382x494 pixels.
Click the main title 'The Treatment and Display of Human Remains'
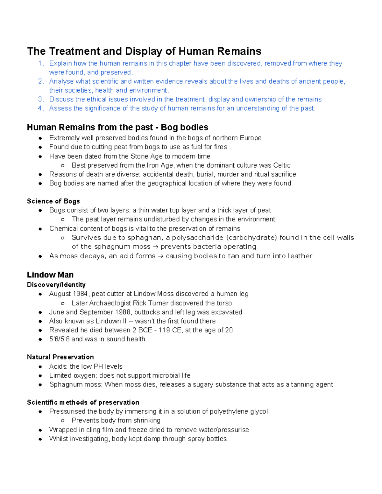pos(144,51)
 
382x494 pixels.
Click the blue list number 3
pos(40,99)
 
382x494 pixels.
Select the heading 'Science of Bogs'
pos(53,201)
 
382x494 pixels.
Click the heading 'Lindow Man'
pos(50,275)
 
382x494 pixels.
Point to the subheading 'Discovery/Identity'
pos(56,285)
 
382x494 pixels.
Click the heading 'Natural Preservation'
pos(60,357)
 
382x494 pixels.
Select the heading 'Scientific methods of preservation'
pos(83,402)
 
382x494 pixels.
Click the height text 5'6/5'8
pos(59,339)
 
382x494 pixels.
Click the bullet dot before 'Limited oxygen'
pos(40,376)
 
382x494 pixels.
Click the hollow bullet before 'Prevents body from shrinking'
pos(63,421)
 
